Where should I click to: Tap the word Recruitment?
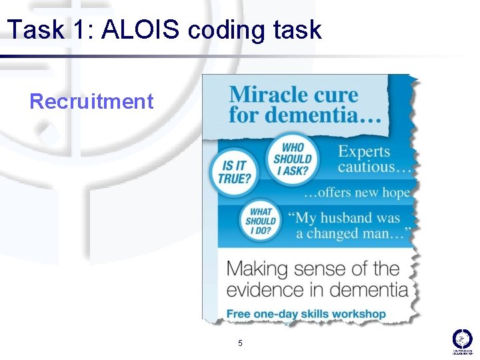point(91,101)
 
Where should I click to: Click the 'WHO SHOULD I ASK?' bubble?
point(292,159)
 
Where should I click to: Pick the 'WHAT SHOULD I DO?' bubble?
point(261,221)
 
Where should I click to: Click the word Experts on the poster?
point(363,151)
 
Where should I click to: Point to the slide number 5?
point(240,343)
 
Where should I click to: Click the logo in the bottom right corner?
point(462,341)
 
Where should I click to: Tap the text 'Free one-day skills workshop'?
point(306,313)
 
